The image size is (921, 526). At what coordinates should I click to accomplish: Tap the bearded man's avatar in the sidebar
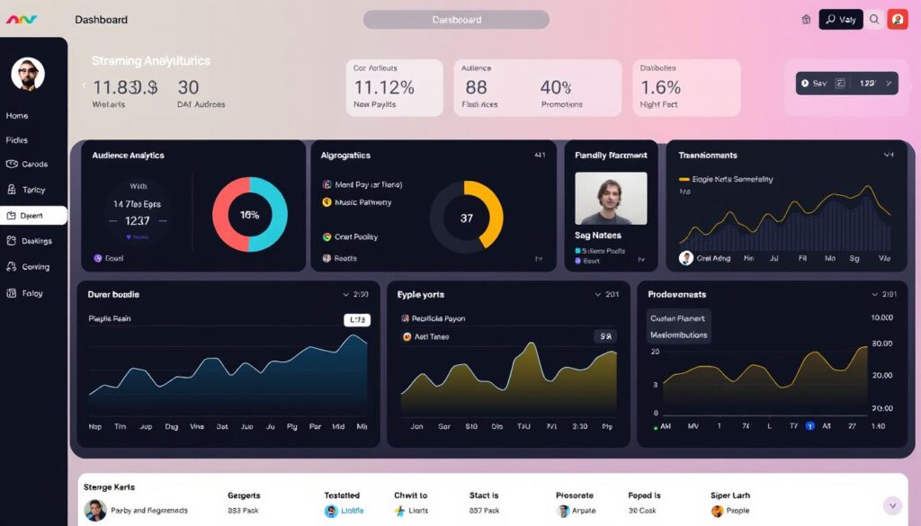[x=28, y=75]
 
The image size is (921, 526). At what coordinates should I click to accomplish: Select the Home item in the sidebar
[x=17, y=116]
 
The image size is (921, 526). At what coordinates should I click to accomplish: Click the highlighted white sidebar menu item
[x=33, y=216]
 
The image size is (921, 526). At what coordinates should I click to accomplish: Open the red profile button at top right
[x=897, y=19]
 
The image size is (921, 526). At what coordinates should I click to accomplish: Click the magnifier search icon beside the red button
[x=874, y=19]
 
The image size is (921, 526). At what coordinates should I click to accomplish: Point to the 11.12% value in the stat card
[x=384, y=87]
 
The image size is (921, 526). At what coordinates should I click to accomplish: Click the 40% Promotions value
[x=556, y=87]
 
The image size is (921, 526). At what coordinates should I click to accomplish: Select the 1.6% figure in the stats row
[x=660, y=87]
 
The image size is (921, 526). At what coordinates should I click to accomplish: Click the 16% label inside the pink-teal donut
[x=249, y=215]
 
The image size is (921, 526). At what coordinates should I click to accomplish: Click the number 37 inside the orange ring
[x=466, y=218]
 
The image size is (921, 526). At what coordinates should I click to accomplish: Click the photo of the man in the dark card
[x=611, y=198]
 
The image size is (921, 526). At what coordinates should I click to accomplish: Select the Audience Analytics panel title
[x=128, y=156]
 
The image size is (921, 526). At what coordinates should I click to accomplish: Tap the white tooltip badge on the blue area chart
[x=357, y=319]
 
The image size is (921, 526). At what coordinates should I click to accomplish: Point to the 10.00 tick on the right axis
[x=881, y=318]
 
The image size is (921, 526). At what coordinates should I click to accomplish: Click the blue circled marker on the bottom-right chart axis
[x=809, y=426]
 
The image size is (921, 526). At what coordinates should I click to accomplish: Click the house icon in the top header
[x=806, y=19]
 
